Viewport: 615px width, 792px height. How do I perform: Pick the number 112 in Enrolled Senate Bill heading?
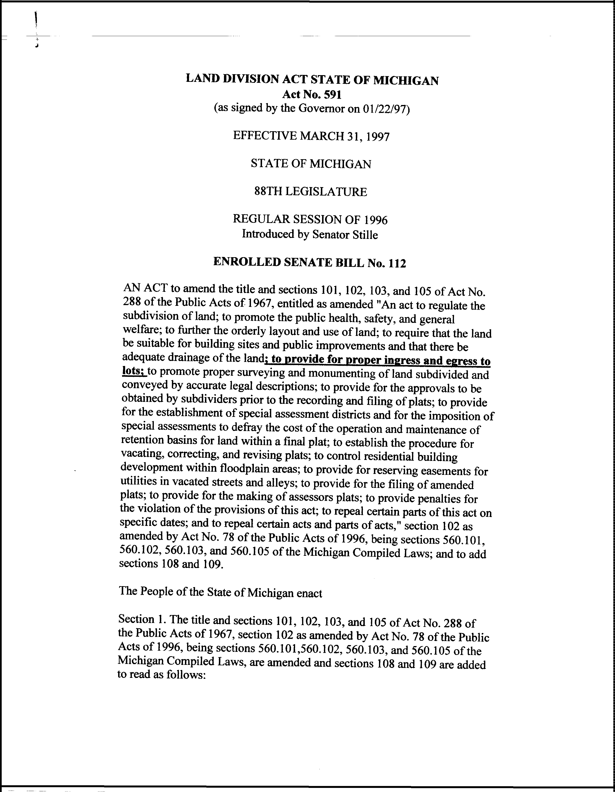pyautogui.click(x=396, y=263)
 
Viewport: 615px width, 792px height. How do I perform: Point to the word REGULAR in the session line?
pyautogui.click(x=256, y=219)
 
